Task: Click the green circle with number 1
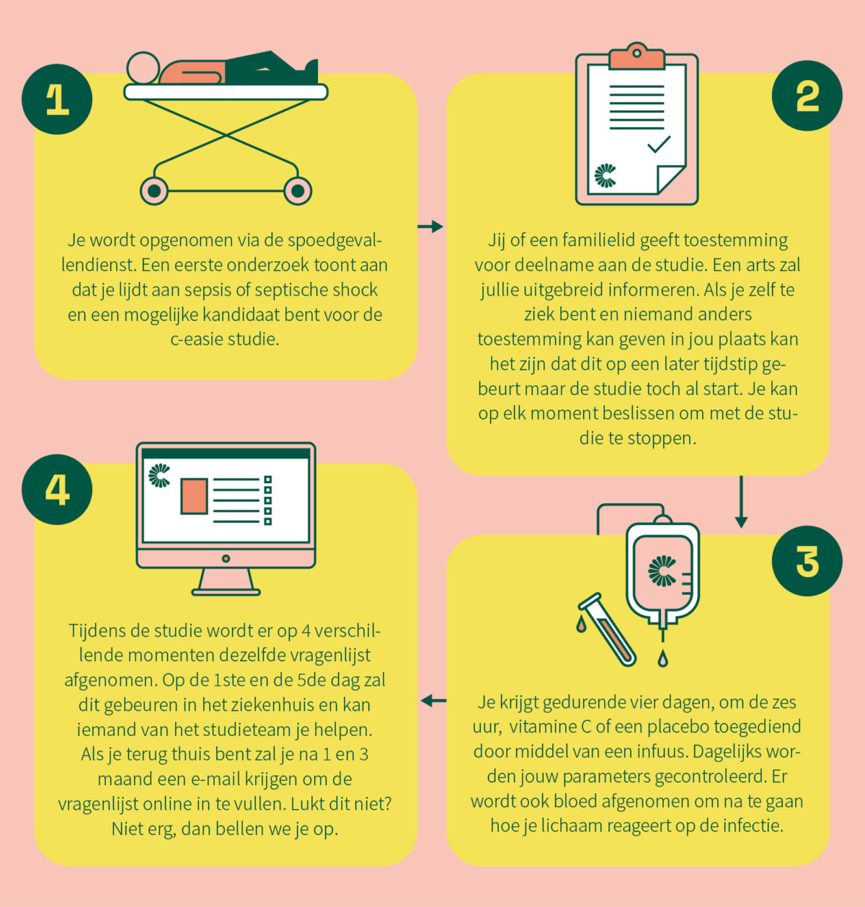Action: pyautogui.click(x=57, y=99)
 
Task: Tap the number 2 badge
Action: pyautogui.click(x=807, y=96)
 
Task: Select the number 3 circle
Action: pyautogui.click(x=807, y=561)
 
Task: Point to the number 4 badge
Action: pyautogui.click(x=57, y=490)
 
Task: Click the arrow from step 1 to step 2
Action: pyautogui.click(x=430, y=226)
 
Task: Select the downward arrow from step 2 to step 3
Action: pyautogui.click(x=741, y=502)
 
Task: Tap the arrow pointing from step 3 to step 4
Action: pyautogui.click(x=434, y=701)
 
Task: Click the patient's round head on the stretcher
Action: pyautogui.click(x=143, y=68)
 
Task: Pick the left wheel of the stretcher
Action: pyautogui.click(x=154, y=190)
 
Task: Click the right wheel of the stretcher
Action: pyautogui.click(x=298, y=190)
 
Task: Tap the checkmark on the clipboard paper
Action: pyautogui.click(x=659, y=144)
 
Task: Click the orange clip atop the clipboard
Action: pyautogui.click(x=636, y=56)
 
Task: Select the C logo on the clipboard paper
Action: pyautogui.click(x=605, y=175)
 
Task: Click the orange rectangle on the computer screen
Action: pyautogui.click(x=194, y=496)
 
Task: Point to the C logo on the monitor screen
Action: pyautogui.click(x=159, y=475)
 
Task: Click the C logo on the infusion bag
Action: pyautogui.click(x=662, y=571)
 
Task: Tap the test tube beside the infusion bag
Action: pyautogui.click(x=608, y=629)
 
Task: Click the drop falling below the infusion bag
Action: pyautogui.click(x=663, y=658)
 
